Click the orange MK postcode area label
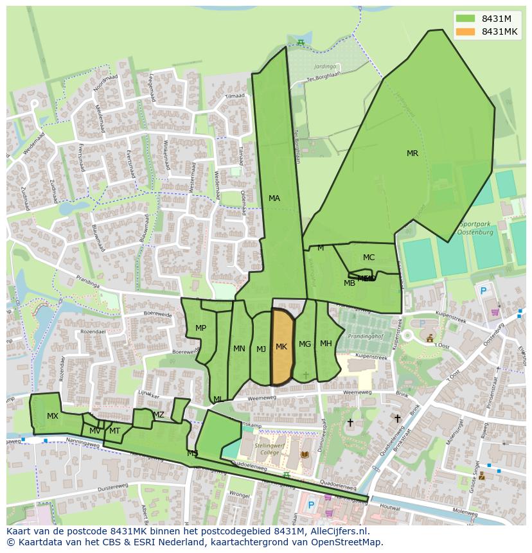tap(281, 347)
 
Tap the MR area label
tap(412, 154)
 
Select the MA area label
tap(274, 198)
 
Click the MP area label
tap(200, 328)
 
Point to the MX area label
tap(53, 416)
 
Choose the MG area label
tap(305, 344)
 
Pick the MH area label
tap(326, 344)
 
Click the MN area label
tap(239, 349)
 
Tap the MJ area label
tap(261, 349)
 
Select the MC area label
tap(368, 258)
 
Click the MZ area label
tap(159, 415)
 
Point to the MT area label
tap(114, 431)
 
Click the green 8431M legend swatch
tap(466, 18)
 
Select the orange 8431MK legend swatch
tap(466, 31)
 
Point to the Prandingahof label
tap(365, 336)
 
